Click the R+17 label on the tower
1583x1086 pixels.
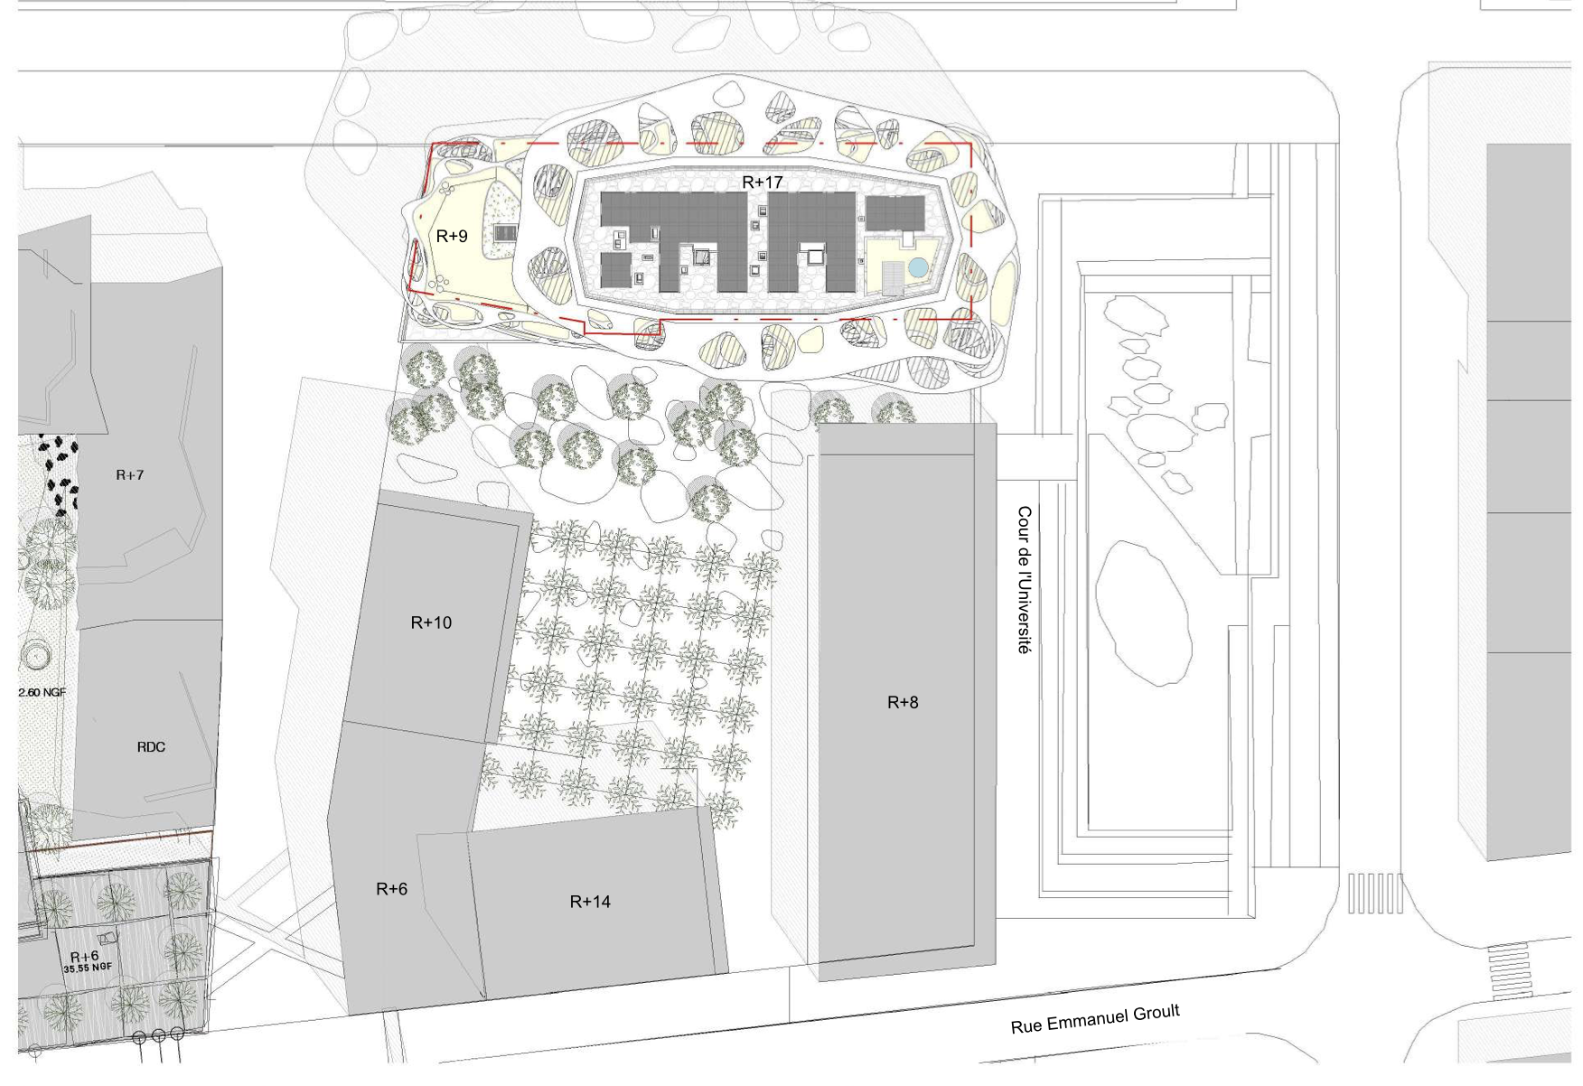point(762,183)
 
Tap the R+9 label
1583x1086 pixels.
point(452,237)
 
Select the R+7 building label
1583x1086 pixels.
point(130,475)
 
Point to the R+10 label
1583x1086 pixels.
point(431,623)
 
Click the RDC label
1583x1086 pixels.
point(151,747)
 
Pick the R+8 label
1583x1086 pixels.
point(903,702)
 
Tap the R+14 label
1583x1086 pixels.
point(590,902)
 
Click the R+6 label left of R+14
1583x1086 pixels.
point(391,889)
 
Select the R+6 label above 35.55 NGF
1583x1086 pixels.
point(84,956)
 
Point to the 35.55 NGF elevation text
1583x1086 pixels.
point(88,968)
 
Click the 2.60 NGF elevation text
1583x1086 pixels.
point(42,693)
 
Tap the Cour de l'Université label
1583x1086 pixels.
point(1024,579)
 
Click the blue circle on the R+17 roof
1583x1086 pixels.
point(918,267)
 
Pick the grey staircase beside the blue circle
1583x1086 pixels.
point(892,276)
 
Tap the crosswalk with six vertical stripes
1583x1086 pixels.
point(1375,893)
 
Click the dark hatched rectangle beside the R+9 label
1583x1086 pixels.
point(504,233)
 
